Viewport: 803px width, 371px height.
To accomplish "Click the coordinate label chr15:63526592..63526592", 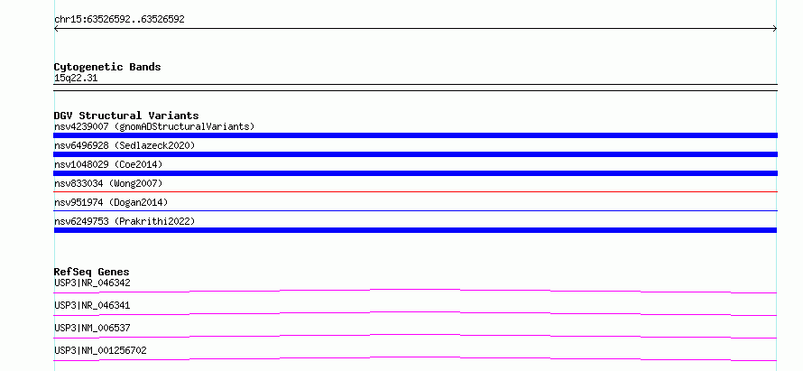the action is pos(119,20).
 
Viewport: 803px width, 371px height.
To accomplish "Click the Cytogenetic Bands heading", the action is pos(107,67).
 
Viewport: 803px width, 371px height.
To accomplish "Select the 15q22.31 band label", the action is pos(76,78).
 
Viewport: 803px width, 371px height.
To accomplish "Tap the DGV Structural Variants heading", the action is pos(126,116).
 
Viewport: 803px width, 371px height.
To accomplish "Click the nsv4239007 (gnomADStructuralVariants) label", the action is pos(154,126).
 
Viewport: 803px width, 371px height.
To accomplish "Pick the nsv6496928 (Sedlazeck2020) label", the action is pos(125,145).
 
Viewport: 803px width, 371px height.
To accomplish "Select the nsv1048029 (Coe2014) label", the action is pos(108,164).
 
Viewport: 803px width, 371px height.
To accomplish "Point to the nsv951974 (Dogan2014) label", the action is pos(111,202).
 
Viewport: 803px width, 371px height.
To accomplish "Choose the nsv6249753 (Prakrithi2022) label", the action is pos(125,221).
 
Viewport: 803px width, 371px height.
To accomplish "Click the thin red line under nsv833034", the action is pos(415,191).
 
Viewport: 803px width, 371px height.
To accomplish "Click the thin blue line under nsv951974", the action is pos(415,210).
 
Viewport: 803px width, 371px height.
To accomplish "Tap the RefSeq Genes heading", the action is pos(92,272).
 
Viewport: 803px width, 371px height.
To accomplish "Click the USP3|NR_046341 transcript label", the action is pos(92,305).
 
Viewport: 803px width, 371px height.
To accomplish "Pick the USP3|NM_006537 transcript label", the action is pos(92,328).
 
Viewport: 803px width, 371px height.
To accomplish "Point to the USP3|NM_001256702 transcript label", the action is pos(100,350).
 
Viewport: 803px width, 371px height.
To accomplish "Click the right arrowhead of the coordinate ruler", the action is pos(776,29).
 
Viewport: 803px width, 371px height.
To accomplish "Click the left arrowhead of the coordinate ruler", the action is pos(55,29).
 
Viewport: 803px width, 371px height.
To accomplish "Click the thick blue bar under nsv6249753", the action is pos(415,230).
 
